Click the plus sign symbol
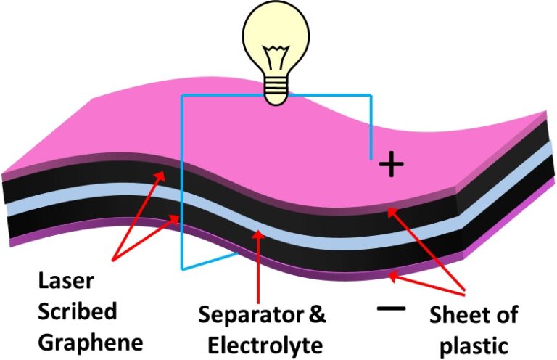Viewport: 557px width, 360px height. click(x=391, y=165)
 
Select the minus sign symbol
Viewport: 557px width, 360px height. click(x=391, y=308)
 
